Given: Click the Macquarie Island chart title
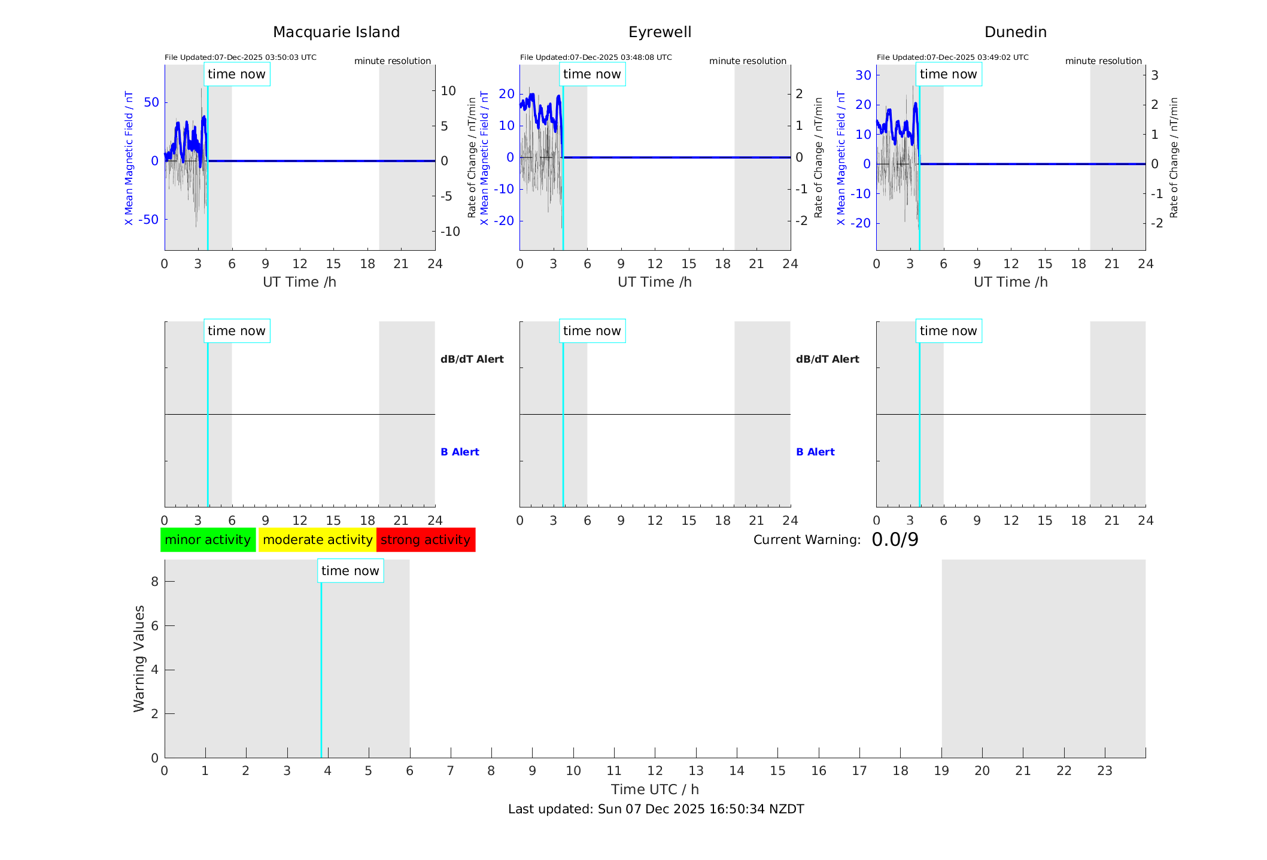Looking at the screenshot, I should coord(336,32).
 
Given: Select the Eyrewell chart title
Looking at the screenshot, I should coord(660,32).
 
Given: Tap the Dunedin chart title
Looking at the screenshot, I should coord(1015,32).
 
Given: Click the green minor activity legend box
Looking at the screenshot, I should coord(208,540).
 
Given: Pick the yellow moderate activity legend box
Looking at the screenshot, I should coord(317,540).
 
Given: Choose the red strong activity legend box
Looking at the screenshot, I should coord(426,540).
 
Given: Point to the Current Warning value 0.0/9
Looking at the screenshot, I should coord(895,540).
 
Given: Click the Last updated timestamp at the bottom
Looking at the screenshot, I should coord(656,809).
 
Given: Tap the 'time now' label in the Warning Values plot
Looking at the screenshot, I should coord(350,571).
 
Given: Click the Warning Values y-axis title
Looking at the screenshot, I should coord(139,658).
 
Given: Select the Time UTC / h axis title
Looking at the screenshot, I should coord(655,789).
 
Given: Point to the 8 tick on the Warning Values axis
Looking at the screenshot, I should coord(154,582).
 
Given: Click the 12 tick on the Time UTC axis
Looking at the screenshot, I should coord(655,771).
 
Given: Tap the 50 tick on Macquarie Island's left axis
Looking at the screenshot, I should coord(151,102).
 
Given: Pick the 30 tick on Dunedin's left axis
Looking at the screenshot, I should coord(863,75).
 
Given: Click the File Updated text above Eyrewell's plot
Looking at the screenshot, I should coord(595,57).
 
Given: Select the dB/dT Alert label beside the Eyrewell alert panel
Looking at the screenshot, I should coord(827,359).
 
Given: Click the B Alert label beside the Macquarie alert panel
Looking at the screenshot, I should coord(460,452).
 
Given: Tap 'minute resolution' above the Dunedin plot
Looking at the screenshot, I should coord(1103,61).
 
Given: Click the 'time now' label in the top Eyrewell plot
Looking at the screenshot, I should coord(592,74).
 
